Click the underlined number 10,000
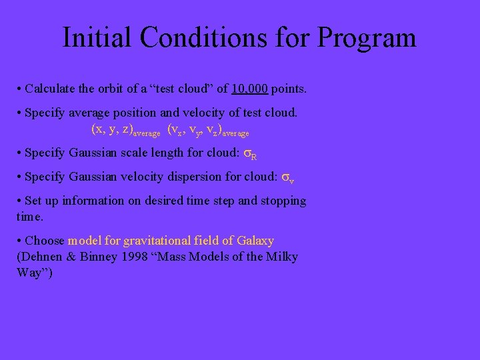coord(250,89)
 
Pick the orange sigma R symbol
coord(250,154)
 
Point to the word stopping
coord(283,201)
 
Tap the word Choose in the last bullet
coord(45,241)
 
